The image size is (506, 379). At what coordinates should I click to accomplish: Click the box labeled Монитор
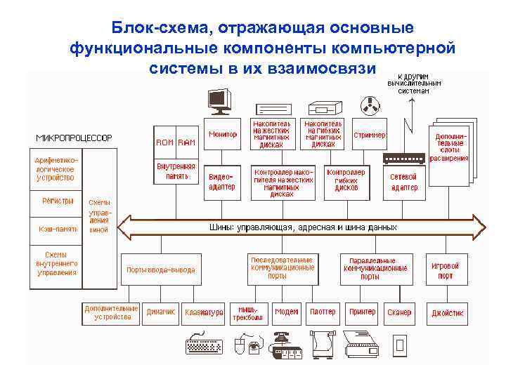tap(224, 134)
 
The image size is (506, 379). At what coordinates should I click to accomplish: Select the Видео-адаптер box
tap(222, 181)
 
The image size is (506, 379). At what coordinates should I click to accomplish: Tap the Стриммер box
tap(369, 135)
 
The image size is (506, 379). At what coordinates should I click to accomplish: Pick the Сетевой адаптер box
tap(403, 182)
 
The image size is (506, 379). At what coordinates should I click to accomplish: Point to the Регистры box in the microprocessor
tap(56, 201)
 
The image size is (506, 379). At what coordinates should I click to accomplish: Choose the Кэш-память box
tap(56, 229)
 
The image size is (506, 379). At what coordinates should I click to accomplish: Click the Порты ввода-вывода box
tap(161, 270)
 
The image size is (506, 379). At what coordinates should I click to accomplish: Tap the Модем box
tap(287, 312)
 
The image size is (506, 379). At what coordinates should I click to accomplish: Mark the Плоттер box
tap(323, 312)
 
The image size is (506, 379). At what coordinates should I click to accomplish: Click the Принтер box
tap(363, 312)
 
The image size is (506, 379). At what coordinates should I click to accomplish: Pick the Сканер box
tap(399, 312)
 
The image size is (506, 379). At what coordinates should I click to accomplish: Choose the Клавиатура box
tap(204, 312)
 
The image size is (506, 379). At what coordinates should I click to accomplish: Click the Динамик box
tap(161, 312)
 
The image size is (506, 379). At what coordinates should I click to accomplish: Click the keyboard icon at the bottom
tap(204, 345)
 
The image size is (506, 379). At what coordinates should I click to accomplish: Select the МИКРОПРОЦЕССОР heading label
tap(74, 138)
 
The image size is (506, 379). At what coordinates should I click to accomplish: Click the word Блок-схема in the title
tap(161, 28)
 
